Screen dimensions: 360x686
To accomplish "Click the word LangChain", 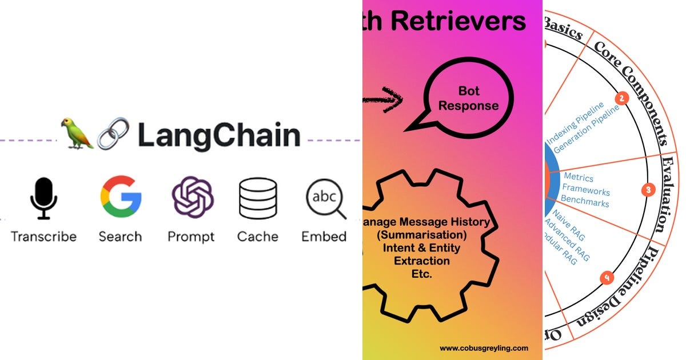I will point(219,136).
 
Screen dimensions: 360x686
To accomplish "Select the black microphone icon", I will point(43,198).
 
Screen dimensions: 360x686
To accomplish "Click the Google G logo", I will point(121,198).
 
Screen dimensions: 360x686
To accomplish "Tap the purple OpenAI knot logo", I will point(193,198).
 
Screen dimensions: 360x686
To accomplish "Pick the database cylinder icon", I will point(258,198).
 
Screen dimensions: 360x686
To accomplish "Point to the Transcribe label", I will point(43,236).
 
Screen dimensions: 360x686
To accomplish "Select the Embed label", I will point(324,236).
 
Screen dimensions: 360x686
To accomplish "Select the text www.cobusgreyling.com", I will point(484,348).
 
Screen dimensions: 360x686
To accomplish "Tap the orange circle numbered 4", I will point(607,278).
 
